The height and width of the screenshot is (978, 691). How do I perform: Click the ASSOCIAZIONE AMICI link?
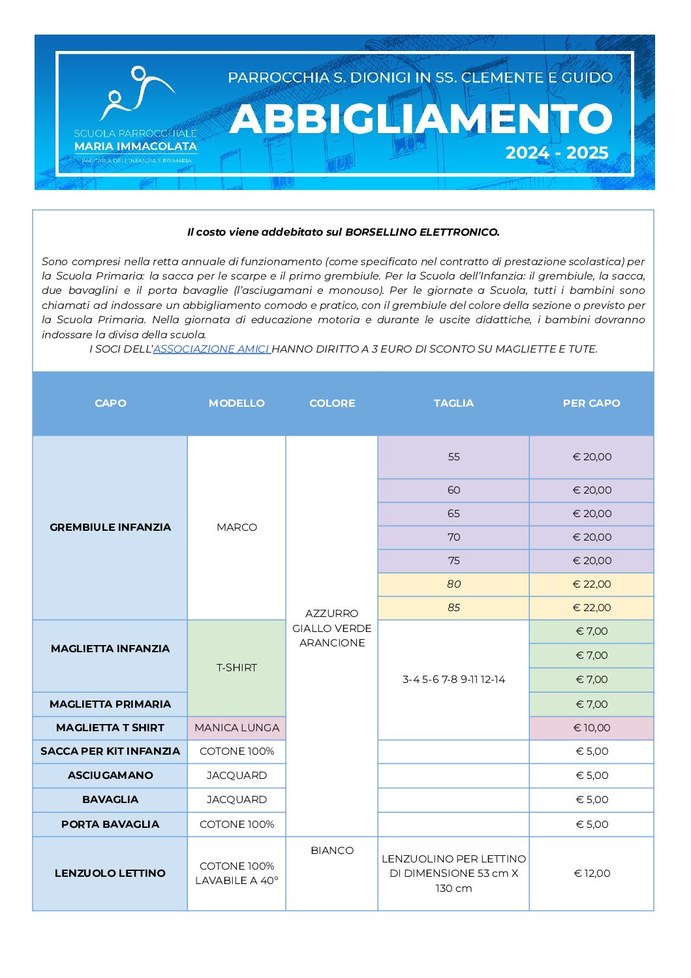(211, 349)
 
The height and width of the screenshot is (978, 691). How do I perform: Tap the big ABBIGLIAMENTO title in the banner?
(421, 119)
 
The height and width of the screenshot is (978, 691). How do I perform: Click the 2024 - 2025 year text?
(557, 153)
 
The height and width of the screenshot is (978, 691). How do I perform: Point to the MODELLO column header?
(236, 403)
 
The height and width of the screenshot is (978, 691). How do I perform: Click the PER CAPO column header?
(591, 403)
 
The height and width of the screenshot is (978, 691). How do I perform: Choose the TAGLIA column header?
(453, 403)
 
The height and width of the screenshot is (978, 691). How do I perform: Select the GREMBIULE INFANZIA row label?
(110, 528)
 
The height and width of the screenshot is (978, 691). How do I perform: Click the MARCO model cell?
(236, 528)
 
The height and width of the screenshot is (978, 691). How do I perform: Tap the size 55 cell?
(453, 457)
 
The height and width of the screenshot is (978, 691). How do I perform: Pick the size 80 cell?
(453, 584)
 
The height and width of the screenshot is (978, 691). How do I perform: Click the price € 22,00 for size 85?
(592, 608)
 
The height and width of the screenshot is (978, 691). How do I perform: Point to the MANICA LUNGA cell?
(236, 728)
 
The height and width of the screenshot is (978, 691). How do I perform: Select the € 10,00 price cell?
(592, 728)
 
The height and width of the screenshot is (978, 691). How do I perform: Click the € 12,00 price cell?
(592, 874)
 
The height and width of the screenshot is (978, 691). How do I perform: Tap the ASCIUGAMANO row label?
(110, 776)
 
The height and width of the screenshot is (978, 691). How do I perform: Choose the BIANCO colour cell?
(332, 851)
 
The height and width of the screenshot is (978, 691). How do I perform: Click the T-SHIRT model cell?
(236, 668)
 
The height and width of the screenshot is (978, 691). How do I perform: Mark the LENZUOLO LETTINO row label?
(110, 874)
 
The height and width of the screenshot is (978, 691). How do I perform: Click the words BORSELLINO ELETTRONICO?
(422, 232)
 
